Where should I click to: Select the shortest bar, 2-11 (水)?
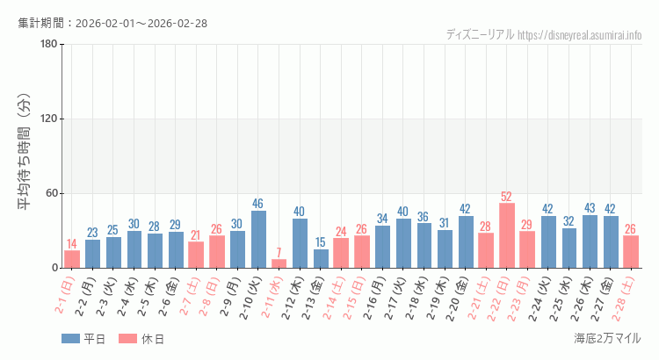(279, 263)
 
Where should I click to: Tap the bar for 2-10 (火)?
(258, 239)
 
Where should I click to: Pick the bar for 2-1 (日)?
(72, 259)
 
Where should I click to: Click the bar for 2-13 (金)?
(321, 258)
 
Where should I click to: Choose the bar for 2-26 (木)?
(590, 241)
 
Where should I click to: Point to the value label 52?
(507, 197)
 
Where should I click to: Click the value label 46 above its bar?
(258, 204)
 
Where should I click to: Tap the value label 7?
(279, 252)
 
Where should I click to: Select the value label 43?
(590, 208)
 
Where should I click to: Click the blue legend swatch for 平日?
(70, 339)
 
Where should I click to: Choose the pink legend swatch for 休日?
(127, 339)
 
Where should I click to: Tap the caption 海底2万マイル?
(607, 338)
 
